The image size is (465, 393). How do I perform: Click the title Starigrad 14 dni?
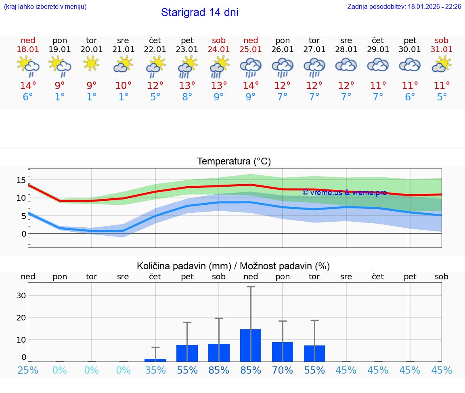click(199, 12)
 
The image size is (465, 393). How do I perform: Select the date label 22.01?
click(155, 50)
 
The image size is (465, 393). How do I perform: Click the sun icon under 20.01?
click(92, 63)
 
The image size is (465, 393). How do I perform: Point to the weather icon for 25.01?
click(251, 67)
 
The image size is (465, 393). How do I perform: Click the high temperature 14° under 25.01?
click(251, 85)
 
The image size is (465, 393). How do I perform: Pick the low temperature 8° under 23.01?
click(187, 97)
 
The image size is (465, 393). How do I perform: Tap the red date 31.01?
click(442, 50)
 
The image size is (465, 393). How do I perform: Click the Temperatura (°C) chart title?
click(234, 162)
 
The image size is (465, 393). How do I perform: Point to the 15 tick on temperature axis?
click(21, 180)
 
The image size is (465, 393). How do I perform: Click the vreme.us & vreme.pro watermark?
click(344, 193)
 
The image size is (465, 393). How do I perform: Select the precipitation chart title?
click(233, 266)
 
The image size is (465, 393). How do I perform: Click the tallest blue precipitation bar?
click(251, 345)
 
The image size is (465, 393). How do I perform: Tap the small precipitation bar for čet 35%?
click(155, 360)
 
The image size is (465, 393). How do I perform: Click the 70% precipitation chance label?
click(283, 370)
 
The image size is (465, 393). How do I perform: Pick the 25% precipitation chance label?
click(28, 370)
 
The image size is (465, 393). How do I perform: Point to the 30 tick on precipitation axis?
click(21, 295)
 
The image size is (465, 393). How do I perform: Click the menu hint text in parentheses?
click(45, 7)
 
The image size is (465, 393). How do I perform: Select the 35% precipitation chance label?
click(155, 370)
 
